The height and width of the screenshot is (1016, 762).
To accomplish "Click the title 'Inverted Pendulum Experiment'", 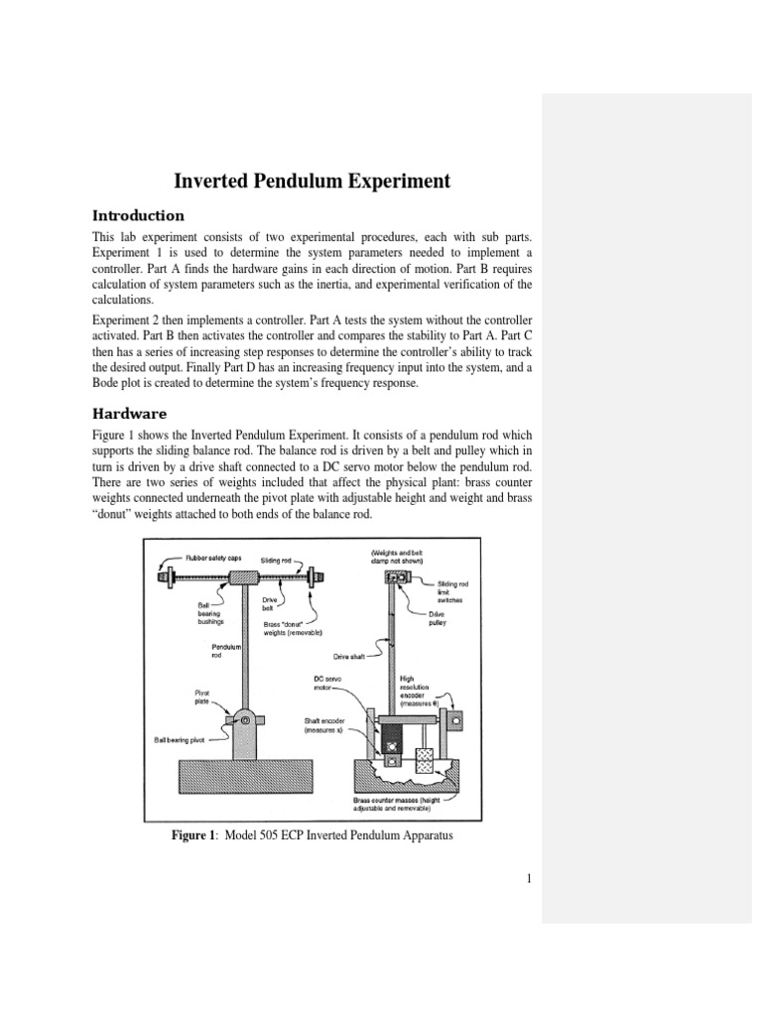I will [313, 181].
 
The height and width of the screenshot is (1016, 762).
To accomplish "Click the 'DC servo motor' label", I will [325, 685].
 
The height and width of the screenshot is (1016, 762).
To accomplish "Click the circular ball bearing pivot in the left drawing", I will [243, 719].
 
